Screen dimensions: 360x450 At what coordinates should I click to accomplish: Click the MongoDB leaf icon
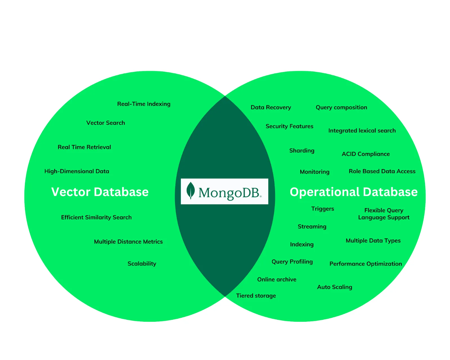click(191, 190)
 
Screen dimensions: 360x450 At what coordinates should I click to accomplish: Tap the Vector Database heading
click(100, 192)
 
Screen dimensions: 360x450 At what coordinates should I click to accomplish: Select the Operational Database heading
click(354, 192)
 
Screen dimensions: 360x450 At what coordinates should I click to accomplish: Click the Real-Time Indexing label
click(144, 104)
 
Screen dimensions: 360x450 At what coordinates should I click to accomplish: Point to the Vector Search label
click(105, 123)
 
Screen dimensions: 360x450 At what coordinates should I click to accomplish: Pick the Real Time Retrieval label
click(84, 147)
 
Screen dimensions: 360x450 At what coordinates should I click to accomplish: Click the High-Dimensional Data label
click(77, 171)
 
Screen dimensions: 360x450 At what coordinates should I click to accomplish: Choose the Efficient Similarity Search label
click(96, 217)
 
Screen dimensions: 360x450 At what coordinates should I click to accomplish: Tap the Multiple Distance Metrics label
click(128, 242)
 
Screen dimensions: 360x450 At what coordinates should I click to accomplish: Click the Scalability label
click(142, 264)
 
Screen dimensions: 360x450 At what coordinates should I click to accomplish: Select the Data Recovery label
click(271, 107)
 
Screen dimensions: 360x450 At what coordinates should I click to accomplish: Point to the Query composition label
click(341, 107)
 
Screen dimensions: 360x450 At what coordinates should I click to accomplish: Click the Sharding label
click(302, 151)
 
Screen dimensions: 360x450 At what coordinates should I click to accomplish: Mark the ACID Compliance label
click(366, 154)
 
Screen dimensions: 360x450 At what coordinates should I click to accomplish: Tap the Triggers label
click(323, 209)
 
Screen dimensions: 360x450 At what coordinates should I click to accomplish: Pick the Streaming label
click(312, 227)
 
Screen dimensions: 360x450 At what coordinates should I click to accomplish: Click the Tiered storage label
click(256, 296)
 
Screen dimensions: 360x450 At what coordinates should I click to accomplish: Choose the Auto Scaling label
click(334, 287)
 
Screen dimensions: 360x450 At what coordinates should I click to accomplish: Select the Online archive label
click(277, 280)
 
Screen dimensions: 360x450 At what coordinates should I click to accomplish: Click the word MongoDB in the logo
click(229, 193)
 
